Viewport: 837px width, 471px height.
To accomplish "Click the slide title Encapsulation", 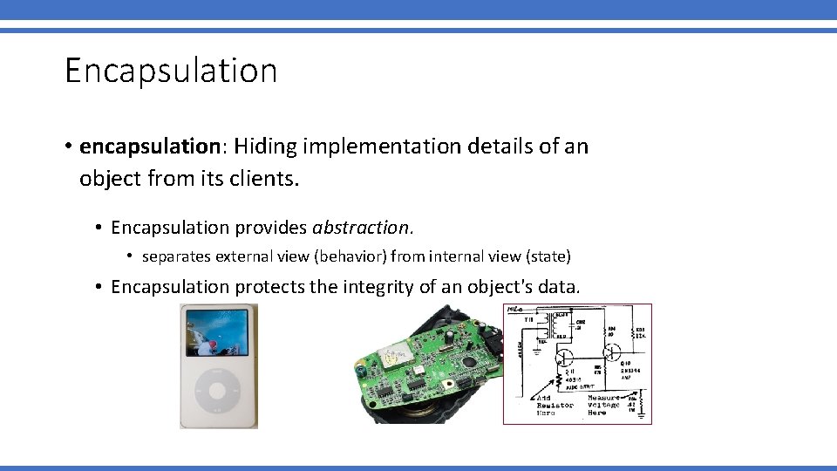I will click(171, 71).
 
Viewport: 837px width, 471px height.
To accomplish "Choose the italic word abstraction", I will click(360, 228).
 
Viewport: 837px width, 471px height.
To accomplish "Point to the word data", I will click(559, 286).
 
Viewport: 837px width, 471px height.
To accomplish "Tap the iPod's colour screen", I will click(218, 336).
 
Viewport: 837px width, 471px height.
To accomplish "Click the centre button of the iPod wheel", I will click(218, 393).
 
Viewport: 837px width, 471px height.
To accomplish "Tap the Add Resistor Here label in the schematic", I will click(555, 405).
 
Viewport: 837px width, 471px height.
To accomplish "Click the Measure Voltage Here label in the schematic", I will click(603, 405).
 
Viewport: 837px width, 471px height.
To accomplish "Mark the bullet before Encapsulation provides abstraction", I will click(101, 228).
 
